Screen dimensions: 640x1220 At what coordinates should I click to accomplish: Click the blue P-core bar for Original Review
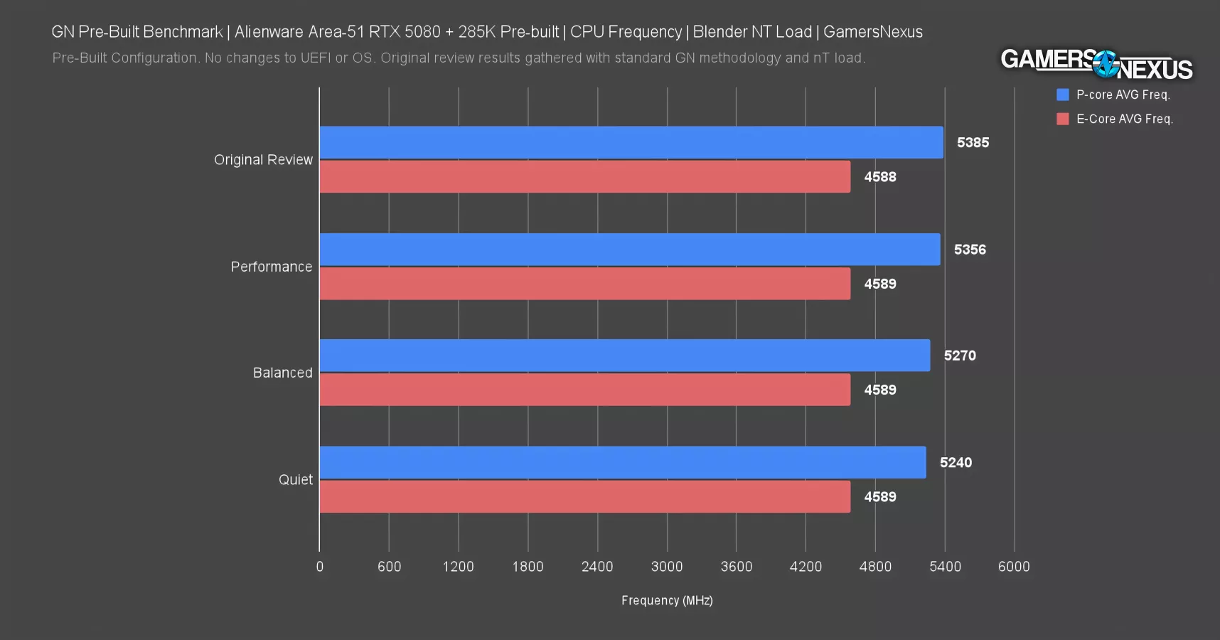(x=631, y=142)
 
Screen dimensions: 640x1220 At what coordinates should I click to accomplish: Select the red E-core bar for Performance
(x=584, y=284)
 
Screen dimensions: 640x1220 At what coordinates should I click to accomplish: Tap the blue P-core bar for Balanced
(x=624, y=356)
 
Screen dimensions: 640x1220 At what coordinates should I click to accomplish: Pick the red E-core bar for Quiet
(x=584, y=496)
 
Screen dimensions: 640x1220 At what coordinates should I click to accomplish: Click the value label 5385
(x=973, y=142)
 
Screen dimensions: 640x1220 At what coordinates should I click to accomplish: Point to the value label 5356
(x=970, y=250)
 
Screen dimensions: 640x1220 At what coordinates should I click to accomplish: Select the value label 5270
(x=960, y=356)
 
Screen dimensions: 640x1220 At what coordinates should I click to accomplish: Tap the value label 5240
(x=956, y=463)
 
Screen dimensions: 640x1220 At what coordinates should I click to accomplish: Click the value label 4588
(x=880, y=177)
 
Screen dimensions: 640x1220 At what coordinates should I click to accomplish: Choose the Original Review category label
(x=263, y=160)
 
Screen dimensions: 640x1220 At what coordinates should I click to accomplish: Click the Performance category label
(x=271, y=267)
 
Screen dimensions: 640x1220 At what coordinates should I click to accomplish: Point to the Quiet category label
(x=295, y=480)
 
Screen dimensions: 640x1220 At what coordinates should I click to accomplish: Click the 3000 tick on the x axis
(x=667, y=567)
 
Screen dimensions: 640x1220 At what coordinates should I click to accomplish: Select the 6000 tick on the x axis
(x=1014, y=567)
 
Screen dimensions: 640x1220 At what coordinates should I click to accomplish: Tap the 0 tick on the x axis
(x=320, y=567)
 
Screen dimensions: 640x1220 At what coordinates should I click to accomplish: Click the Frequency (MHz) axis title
(x=667, y=601)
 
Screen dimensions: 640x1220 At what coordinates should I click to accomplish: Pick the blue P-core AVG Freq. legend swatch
(x=1063, y=95)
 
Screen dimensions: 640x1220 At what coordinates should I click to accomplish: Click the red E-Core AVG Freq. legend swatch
(x=1063, y=119)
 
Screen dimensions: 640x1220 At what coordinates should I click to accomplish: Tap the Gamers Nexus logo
(x=1096, y=64)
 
